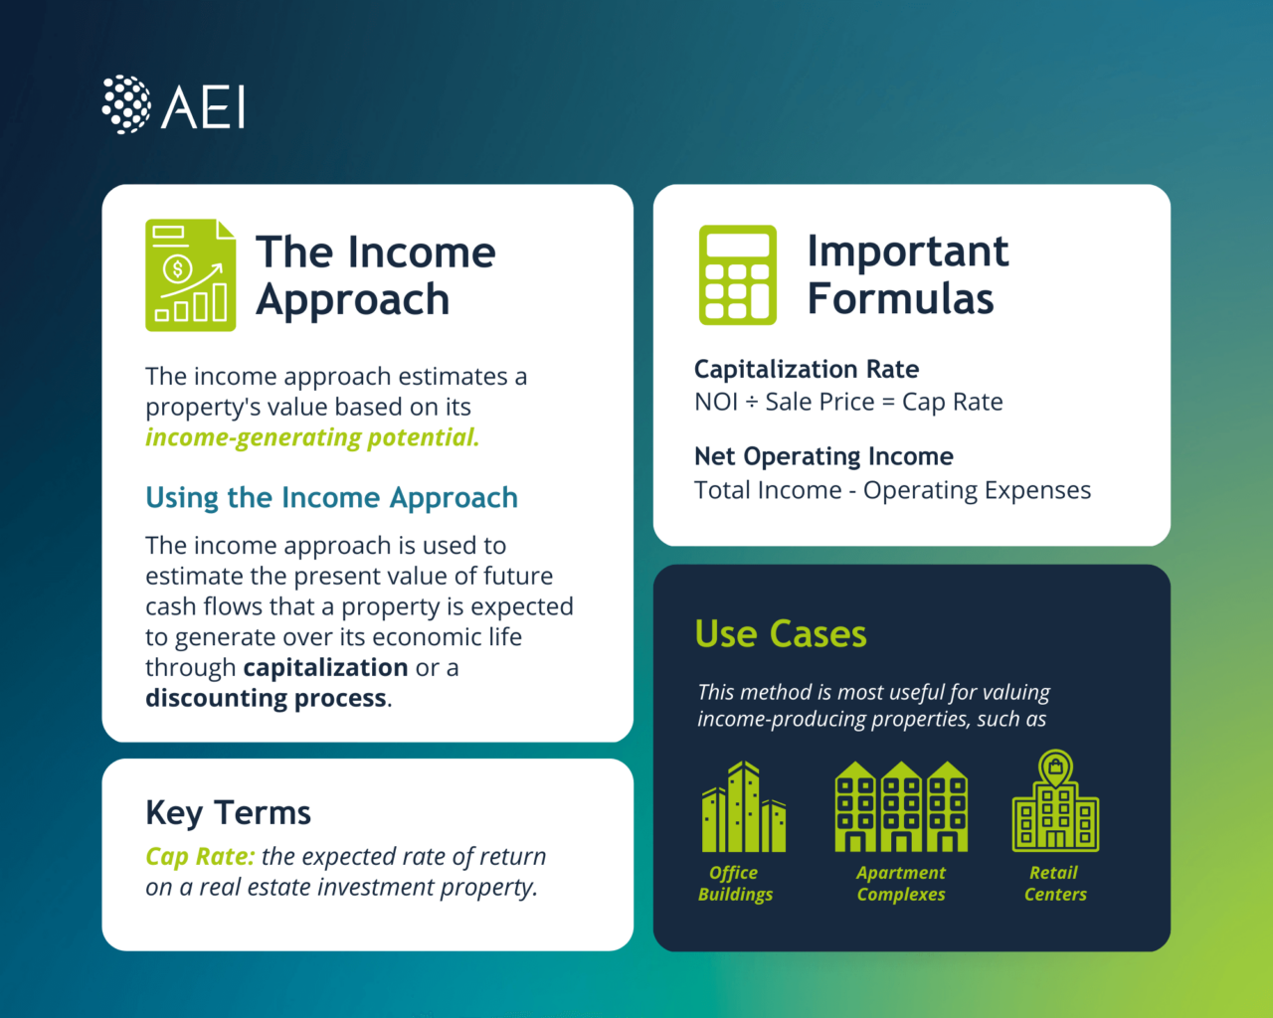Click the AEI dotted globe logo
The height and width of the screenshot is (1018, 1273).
pos(126,104)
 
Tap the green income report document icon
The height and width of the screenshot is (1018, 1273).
pos(190,275)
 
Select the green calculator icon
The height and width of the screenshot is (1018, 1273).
pos(737,275)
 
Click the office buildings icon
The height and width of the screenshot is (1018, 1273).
pos(743,807)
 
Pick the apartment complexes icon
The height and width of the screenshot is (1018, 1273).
pos(901,807)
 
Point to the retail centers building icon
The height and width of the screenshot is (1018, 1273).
pos(1055,802)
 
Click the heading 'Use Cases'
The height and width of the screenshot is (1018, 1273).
pos(781,634)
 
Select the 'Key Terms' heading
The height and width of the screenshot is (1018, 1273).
pos(228,813)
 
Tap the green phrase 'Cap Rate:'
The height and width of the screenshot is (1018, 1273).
pos(200,857)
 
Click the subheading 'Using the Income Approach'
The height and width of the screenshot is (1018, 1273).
pos(331,498)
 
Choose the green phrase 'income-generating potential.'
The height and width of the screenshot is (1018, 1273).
pos(312,437)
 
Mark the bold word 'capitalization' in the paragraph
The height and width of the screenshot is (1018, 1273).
pos(325,667)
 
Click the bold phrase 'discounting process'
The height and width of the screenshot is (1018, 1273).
pos(266,698)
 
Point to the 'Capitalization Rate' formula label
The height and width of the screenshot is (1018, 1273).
pos(806,370)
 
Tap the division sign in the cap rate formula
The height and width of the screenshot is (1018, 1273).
pos(751,403)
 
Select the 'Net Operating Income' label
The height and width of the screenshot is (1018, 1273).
pos(823,456)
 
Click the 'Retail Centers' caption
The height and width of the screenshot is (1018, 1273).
pos(1055,884)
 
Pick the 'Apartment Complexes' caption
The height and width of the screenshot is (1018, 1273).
pos(901,884)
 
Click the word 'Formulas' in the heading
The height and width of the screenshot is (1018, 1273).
pos(900,299)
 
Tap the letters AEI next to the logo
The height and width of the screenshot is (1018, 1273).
pos(204,106)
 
